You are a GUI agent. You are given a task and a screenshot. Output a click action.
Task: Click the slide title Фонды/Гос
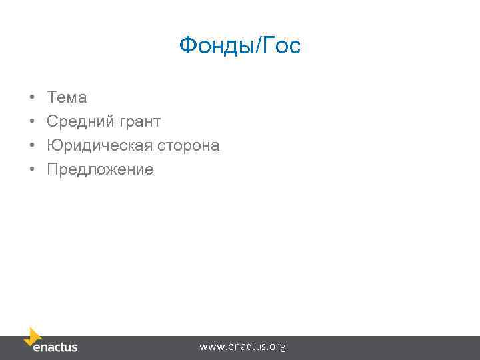[x=240, y=46]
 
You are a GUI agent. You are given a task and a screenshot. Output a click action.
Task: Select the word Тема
[x=67, y=97]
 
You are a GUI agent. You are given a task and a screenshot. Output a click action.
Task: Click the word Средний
[x=79, y=121]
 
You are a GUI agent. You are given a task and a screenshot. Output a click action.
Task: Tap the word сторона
[x=189, y=145]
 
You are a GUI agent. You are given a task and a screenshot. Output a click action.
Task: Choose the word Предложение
[x=100, y=169]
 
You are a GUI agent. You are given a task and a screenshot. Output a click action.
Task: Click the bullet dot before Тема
[x=32, y=98]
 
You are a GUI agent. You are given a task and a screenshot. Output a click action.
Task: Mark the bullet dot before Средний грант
[x=32, y=122]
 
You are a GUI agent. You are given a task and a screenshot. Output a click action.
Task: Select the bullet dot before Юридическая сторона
[x=32, y=146]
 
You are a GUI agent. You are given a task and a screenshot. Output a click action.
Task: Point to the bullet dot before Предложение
[x=32, y=170]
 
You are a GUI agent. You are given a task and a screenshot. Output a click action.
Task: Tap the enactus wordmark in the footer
[x=55, y=347]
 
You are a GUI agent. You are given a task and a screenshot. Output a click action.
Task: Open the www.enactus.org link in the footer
[x=243, y=347]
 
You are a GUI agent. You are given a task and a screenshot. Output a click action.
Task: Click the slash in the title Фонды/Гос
[x=256, y=46]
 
